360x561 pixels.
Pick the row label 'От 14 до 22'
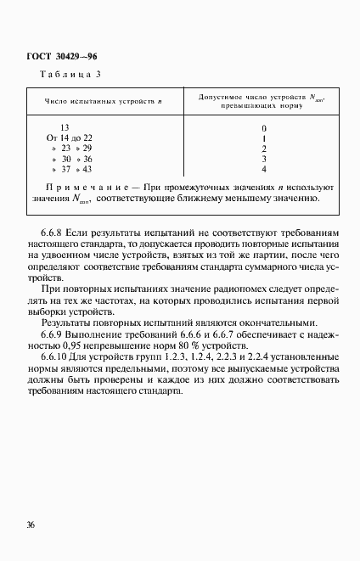[70, 138]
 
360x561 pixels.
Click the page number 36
[31, 525]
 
